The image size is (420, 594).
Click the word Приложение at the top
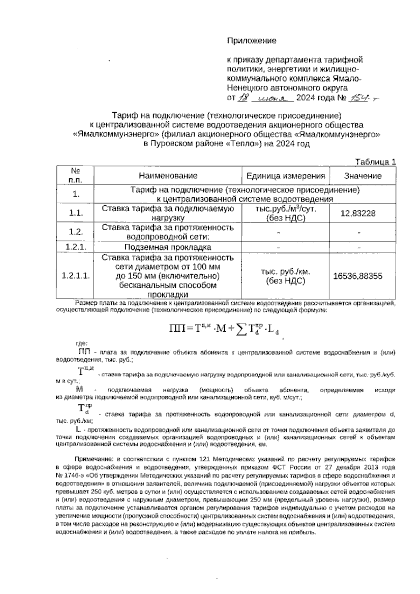tap(252, 41)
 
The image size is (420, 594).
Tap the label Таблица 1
tap(376, 162)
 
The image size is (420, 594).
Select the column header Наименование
tap(168, 176)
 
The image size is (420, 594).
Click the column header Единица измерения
tap(286, 176)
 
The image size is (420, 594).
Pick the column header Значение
tap(363, 176)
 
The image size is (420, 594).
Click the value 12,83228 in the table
tap(358, 213)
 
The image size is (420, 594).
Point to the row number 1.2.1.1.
tap(76, 276)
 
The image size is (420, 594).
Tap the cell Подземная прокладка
tap(168, 247)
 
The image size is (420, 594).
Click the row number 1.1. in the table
tap(76, 213)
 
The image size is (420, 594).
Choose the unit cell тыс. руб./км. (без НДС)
tap(286, 276)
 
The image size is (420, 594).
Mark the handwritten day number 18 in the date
tap(243, 98)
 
